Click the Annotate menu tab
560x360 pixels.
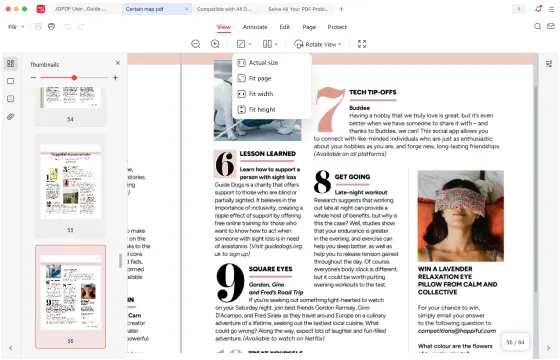pos(255,26)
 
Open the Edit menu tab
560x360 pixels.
pos(285,26)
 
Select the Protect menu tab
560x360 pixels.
pos(338,26)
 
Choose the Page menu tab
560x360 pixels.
pos(310,26)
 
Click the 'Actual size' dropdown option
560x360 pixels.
pos(263,62)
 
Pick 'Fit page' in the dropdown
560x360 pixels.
pos(260,78)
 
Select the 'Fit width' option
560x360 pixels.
pos(261,94)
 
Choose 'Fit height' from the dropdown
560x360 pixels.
pos(262,110)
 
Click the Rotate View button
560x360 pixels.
pos(319,44)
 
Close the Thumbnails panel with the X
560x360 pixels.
pos(117,62)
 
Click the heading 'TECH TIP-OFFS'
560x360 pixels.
pos(373,92)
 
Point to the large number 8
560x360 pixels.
pos(322,181)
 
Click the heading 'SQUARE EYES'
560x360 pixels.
pos(271,269)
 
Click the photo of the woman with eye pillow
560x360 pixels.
pos(460,215)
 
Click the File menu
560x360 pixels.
pos(13,27)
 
